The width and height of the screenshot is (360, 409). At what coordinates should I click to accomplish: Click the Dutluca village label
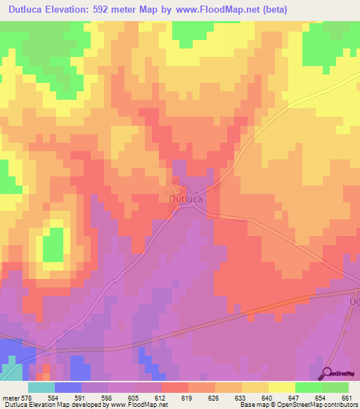(x=186, y=199)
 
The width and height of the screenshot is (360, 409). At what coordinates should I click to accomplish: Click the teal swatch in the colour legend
(x=41, y=388)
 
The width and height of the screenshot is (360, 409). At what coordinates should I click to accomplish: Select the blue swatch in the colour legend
(x=67, y=388)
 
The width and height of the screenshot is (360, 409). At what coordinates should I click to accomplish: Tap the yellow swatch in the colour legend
(x=281, y=388)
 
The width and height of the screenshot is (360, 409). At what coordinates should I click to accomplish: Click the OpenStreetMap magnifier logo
(x=328, y=372)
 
